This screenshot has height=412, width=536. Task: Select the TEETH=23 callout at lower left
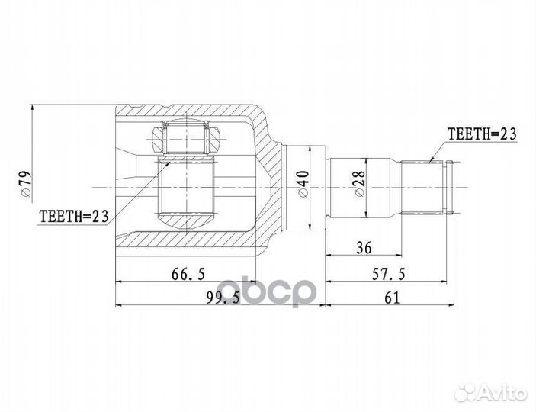(73, 216)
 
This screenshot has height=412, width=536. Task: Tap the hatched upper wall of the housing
(191, 114)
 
